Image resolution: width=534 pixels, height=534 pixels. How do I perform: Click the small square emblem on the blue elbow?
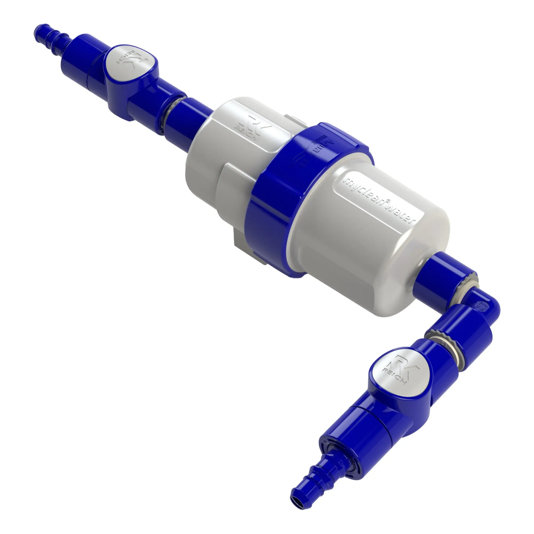click(x=480, y=306)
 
